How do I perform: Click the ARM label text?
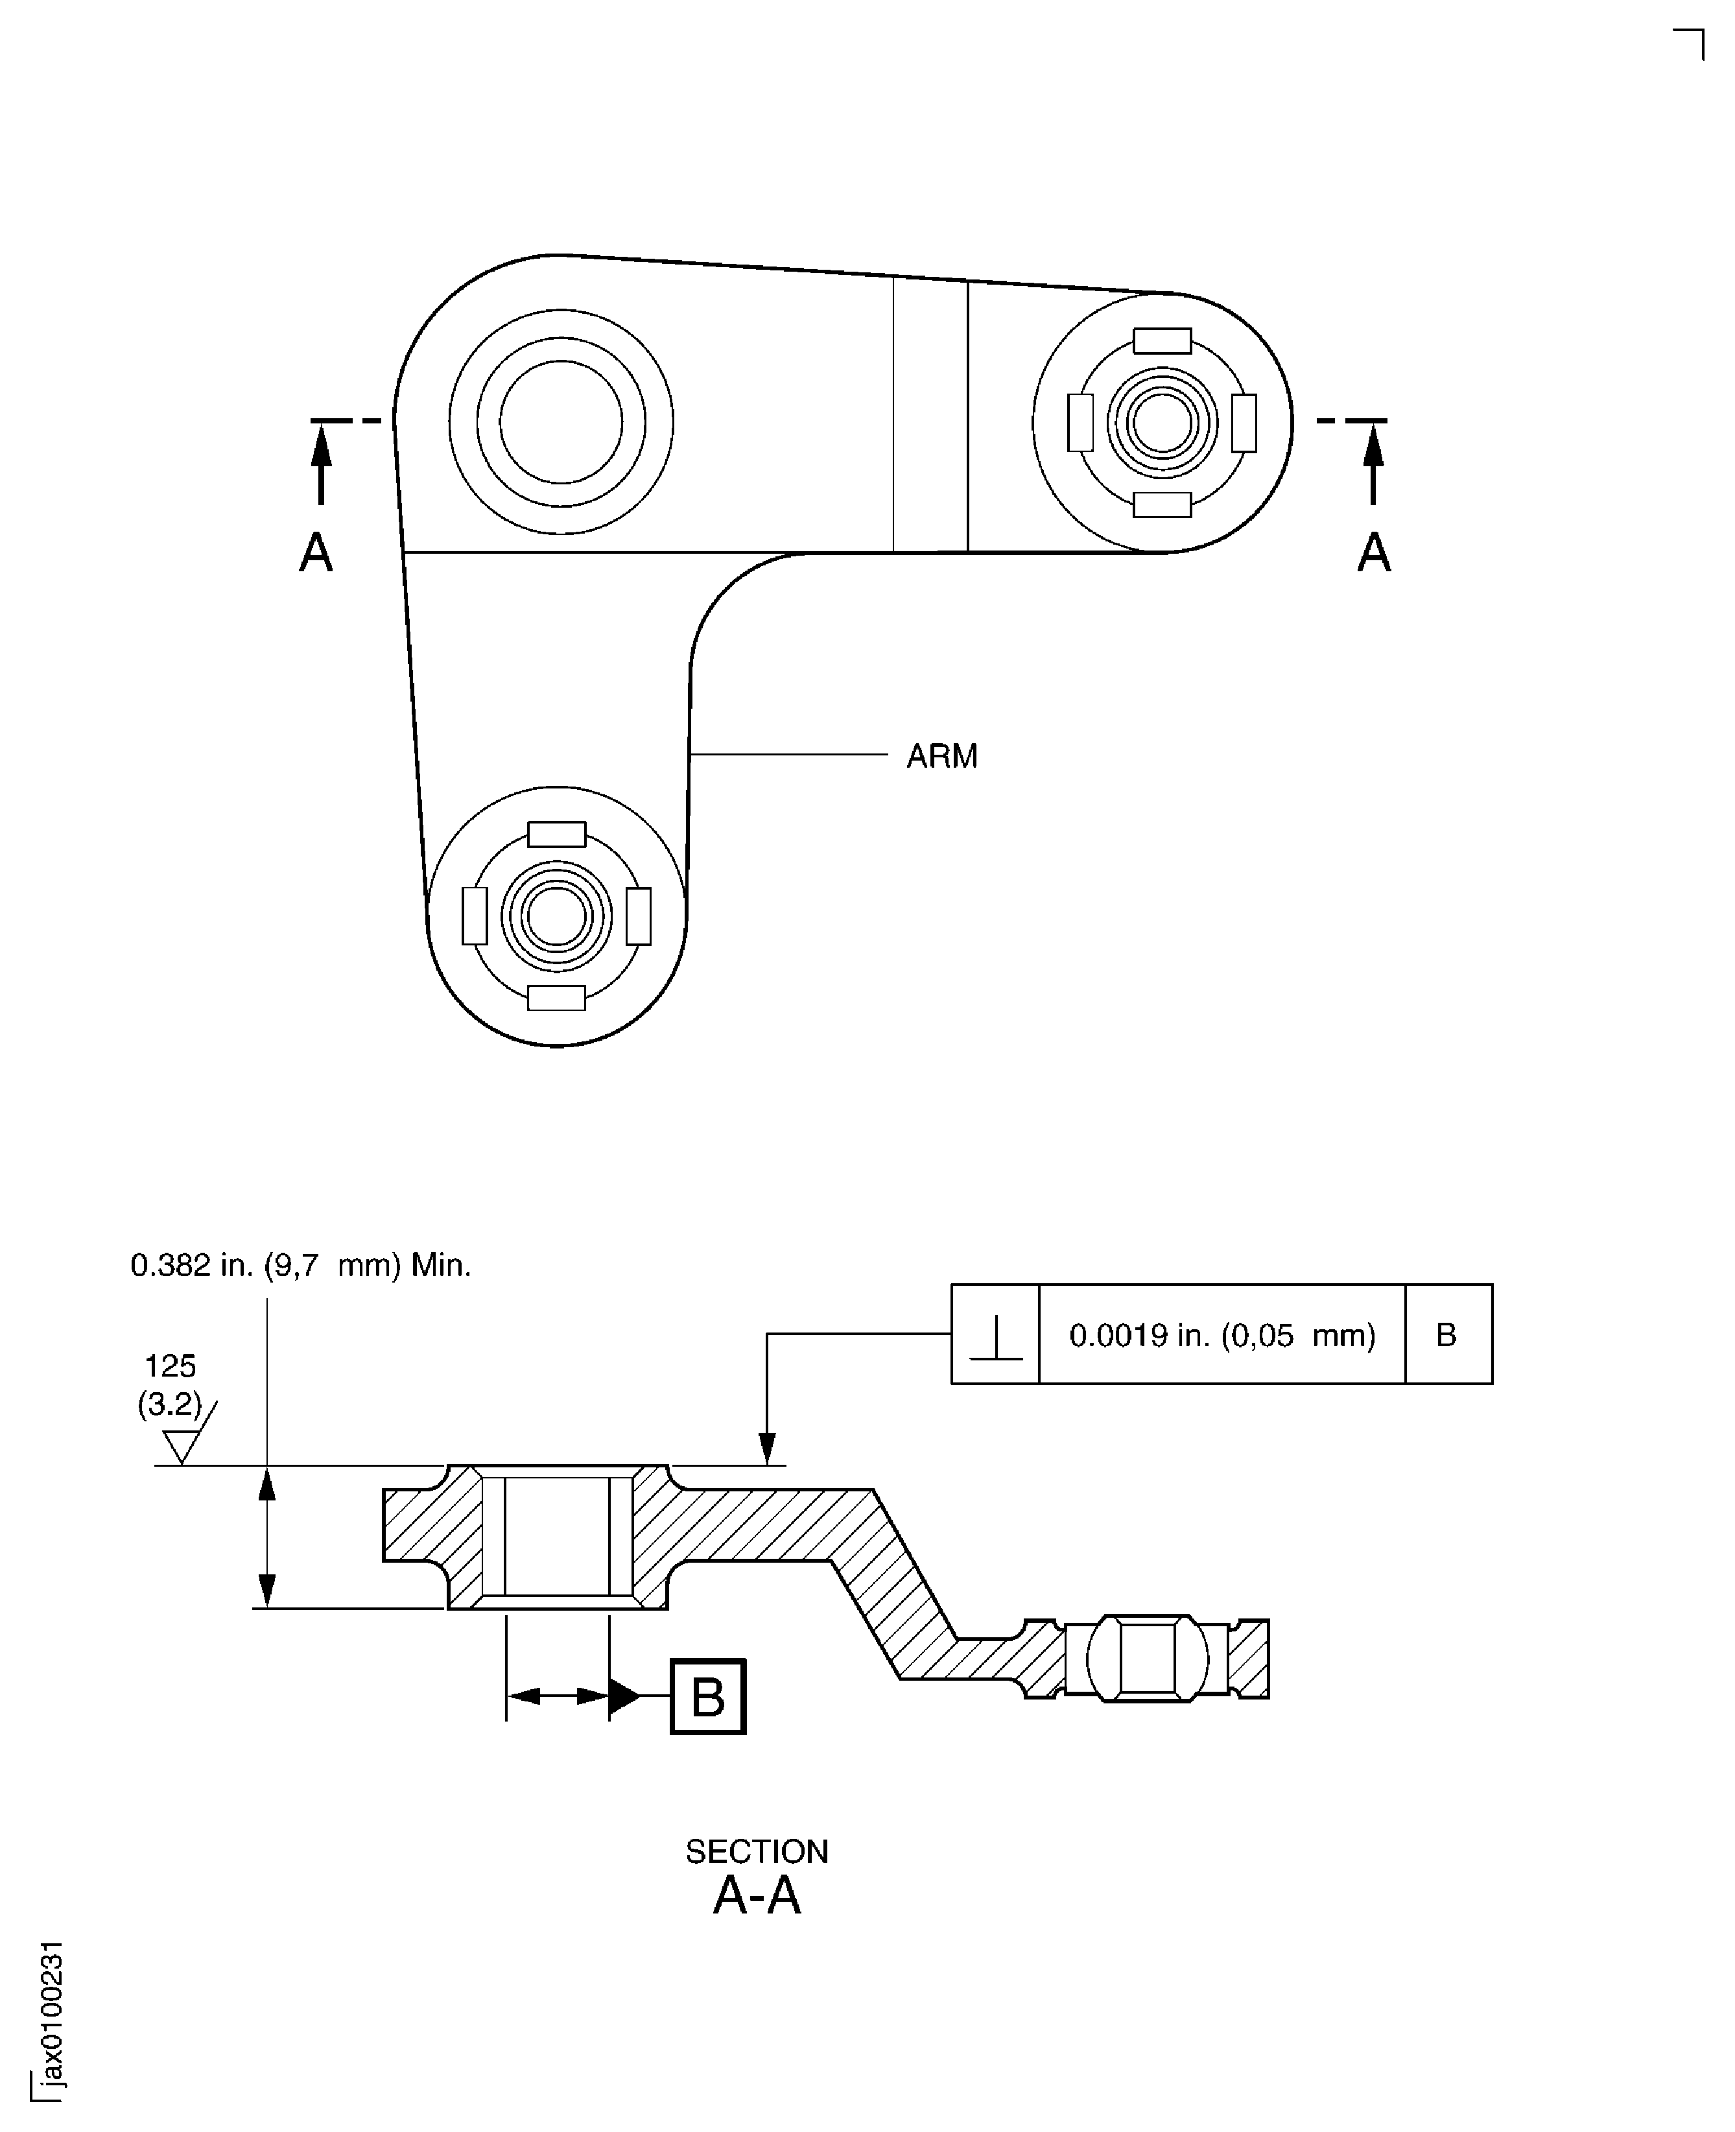coord(941,755)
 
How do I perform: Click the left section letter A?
coord(316,552)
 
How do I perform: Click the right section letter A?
coord(1373,552)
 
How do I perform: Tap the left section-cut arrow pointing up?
coord(321,462)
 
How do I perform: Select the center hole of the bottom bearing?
coord(557,916)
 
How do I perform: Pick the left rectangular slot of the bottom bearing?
coord(475,916)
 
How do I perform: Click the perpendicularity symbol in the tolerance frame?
coord(995,1335)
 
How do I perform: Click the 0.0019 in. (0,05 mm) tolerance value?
coord(1222,1335)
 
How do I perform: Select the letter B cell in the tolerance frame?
coord(1446,1335)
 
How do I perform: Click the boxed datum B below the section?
coord(707,1696)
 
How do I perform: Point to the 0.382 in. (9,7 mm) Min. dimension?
coord(300,1266)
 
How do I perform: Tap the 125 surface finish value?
coord(170,1366)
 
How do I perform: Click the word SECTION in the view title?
coord(757,1852)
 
